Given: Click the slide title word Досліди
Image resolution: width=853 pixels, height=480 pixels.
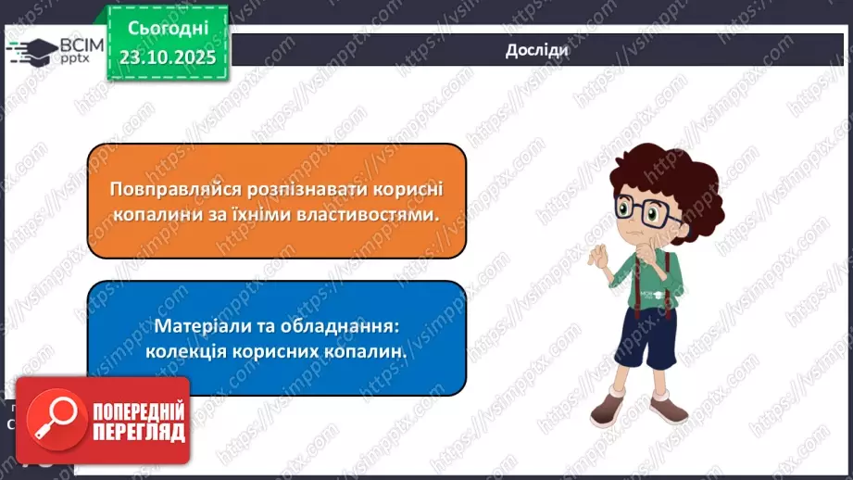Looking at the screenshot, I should [537, 51].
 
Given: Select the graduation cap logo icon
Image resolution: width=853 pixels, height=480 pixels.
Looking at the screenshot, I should [31, 51].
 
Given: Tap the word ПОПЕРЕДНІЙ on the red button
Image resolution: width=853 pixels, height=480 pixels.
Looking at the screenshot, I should [138, 410].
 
